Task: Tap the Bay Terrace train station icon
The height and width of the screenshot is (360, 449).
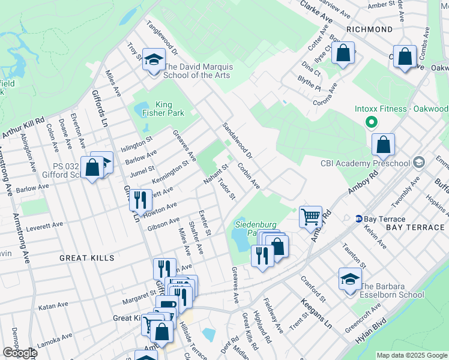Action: click(359, 219)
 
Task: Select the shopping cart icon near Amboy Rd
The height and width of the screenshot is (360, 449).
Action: click(310, 216)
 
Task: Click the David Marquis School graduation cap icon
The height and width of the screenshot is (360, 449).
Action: click(154, 59)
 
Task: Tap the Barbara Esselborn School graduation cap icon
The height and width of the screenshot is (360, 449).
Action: click(350, 278)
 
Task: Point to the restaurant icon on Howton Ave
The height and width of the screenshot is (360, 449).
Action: click(140, 199)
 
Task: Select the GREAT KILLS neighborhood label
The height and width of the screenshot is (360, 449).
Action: click(86, 257)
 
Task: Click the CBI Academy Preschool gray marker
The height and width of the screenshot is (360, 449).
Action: click(419, 163)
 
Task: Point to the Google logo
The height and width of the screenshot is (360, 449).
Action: click(20, 353)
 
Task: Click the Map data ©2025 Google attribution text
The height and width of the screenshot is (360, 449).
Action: click(412, 355)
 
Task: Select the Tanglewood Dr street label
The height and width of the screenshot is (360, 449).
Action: click(160, 38)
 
